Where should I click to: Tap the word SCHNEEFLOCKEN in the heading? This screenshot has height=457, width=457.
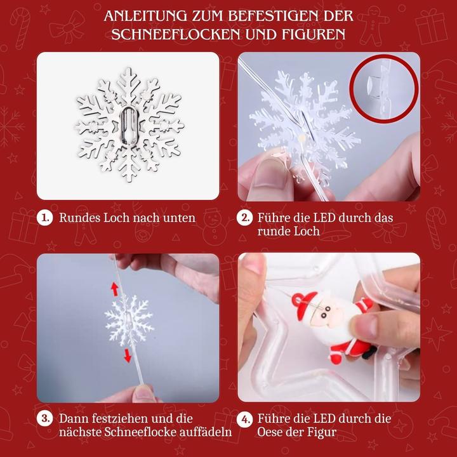167,34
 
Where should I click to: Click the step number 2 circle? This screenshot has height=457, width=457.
246,218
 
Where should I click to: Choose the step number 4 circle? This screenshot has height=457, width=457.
246,419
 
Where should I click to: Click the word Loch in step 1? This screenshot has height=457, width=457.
117,218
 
